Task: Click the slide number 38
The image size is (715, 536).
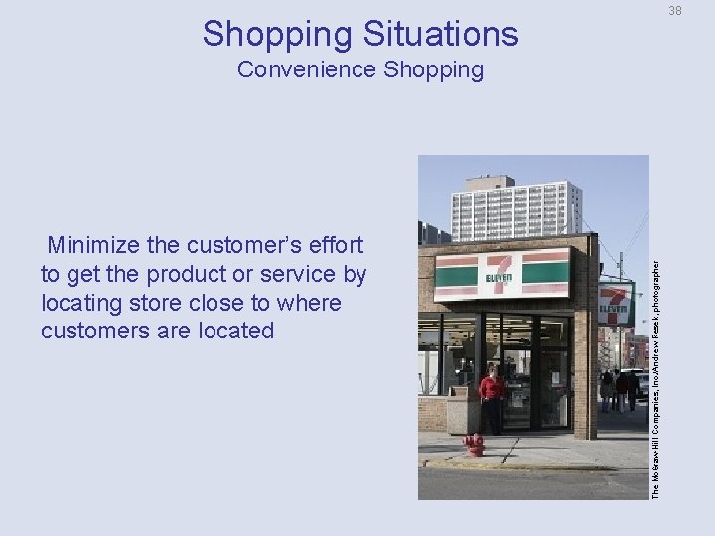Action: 675,11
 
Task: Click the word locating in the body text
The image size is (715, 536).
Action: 81,303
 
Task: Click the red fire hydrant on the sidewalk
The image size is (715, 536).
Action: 475,445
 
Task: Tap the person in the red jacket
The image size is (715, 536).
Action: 491,397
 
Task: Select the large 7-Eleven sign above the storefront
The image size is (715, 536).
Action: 501,274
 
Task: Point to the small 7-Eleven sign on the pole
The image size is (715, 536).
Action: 616,304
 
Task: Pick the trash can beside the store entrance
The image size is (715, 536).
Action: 459,410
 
